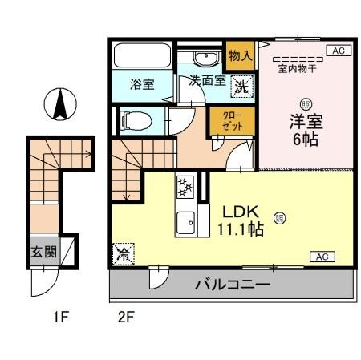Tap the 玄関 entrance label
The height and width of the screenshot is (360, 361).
(44, 252)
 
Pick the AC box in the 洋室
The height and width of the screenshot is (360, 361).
(337, 51)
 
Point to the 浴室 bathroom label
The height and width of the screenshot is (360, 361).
(143, 84)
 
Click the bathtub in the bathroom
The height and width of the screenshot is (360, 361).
(141, 55)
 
